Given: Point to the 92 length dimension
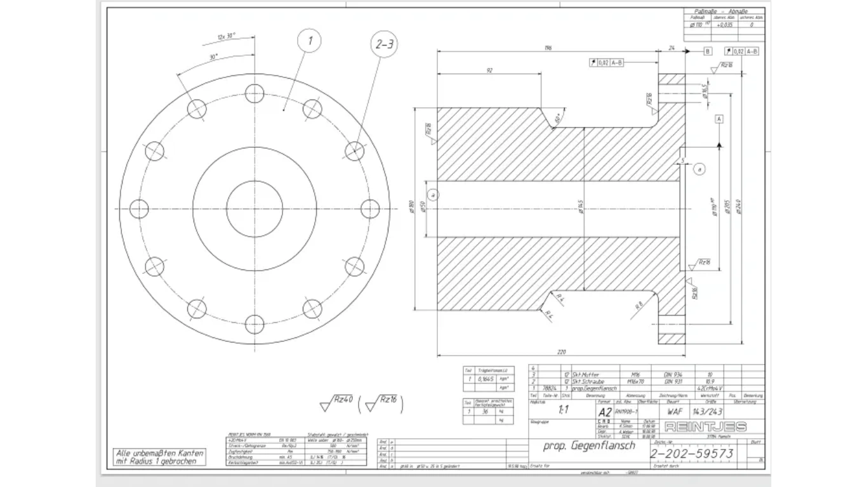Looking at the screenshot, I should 489,71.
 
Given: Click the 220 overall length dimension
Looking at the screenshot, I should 561,352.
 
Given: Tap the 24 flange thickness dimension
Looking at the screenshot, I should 672,48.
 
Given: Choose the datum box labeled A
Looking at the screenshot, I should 719,119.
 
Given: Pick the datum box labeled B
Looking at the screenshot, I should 708,51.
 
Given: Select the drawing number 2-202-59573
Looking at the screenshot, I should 692,453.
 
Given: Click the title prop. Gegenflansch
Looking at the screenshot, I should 588,445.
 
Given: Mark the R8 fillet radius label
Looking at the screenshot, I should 639,305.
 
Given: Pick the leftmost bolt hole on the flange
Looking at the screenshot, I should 139,208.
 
